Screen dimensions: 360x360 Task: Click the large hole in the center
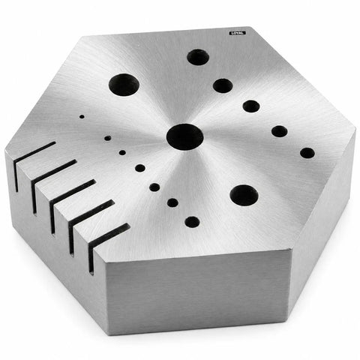(x=184, y=136)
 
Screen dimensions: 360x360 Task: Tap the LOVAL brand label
(x=238, y=33)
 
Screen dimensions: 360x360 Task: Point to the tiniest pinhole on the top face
(x=82, y=116)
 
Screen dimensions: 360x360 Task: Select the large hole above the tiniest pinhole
(x=124, y=85)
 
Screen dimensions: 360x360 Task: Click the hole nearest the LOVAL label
(x=198, y=57)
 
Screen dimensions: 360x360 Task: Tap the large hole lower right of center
(x=244, y=195)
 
